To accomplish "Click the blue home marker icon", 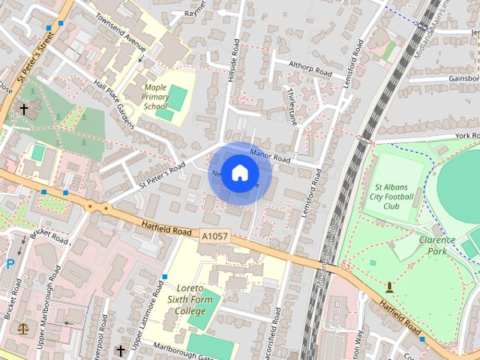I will click(238, 173).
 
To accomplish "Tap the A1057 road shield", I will click(214, 235).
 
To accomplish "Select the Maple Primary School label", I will click(155, 97).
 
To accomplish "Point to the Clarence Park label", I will click(436, 245).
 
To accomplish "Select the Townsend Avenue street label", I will click(120, 37).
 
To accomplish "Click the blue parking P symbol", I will click(10, 263).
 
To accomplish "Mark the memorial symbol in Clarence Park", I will click(389, 286).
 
